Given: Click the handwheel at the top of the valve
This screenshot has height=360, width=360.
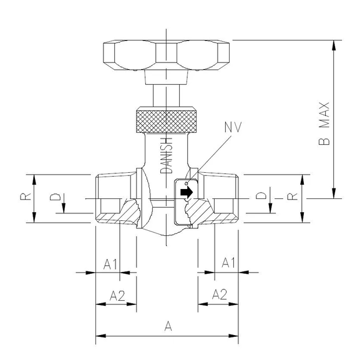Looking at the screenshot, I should (167, 56).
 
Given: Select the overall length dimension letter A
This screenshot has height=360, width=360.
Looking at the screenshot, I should (167, 325).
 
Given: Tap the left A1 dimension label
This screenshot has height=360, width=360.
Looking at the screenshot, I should (111, 263).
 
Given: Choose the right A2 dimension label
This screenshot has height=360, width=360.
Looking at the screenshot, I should (220, 294).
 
